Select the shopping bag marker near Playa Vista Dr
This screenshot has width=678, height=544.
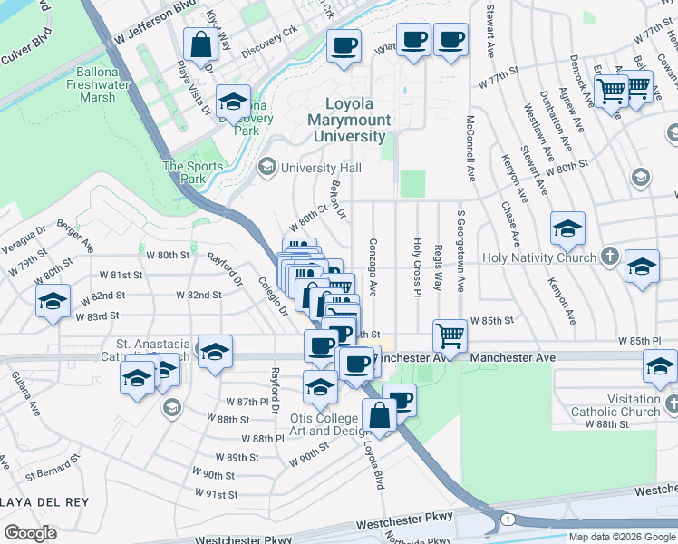[x=199, y=44]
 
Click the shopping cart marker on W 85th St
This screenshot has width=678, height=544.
[x=450, y=335]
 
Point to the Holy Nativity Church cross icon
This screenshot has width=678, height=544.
[x=612, y=257]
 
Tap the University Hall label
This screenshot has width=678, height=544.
[x=321, y=168]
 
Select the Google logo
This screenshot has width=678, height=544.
[x=31, y=532]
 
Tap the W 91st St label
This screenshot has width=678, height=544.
[x=216, y=494]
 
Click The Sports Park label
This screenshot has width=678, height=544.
[x=192, y=172]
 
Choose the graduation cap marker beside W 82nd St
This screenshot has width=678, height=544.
[x=53, y=302]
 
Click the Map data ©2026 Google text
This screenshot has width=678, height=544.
[x=623, y=537]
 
